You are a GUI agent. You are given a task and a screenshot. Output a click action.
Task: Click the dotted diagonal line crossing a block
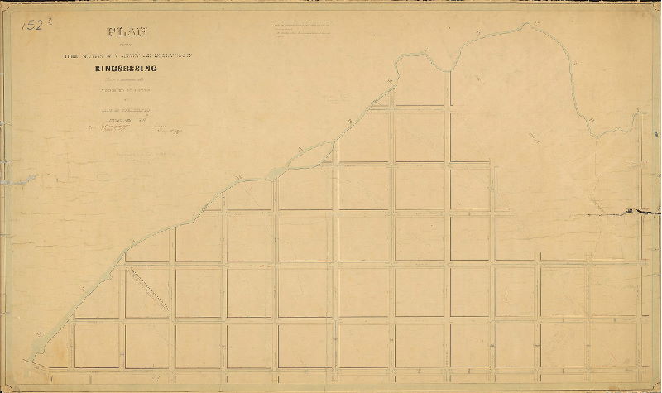(149, 291)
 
